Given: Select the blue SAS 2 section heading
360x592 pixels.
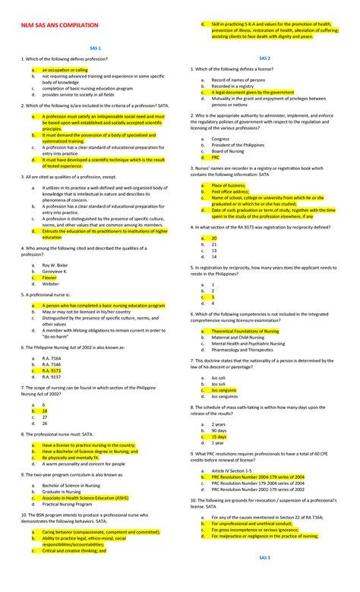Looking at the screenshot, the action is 265,57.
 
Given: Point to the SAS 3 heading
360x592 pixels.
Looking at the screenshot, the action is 265,578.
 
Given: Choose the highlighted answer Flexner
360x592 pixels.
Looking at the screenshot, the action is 49,278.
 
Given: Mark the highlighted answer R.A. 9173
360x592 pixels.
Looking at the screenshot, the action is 52,370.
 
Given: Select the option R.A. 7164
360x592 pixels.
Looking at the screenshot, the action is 52,358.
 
